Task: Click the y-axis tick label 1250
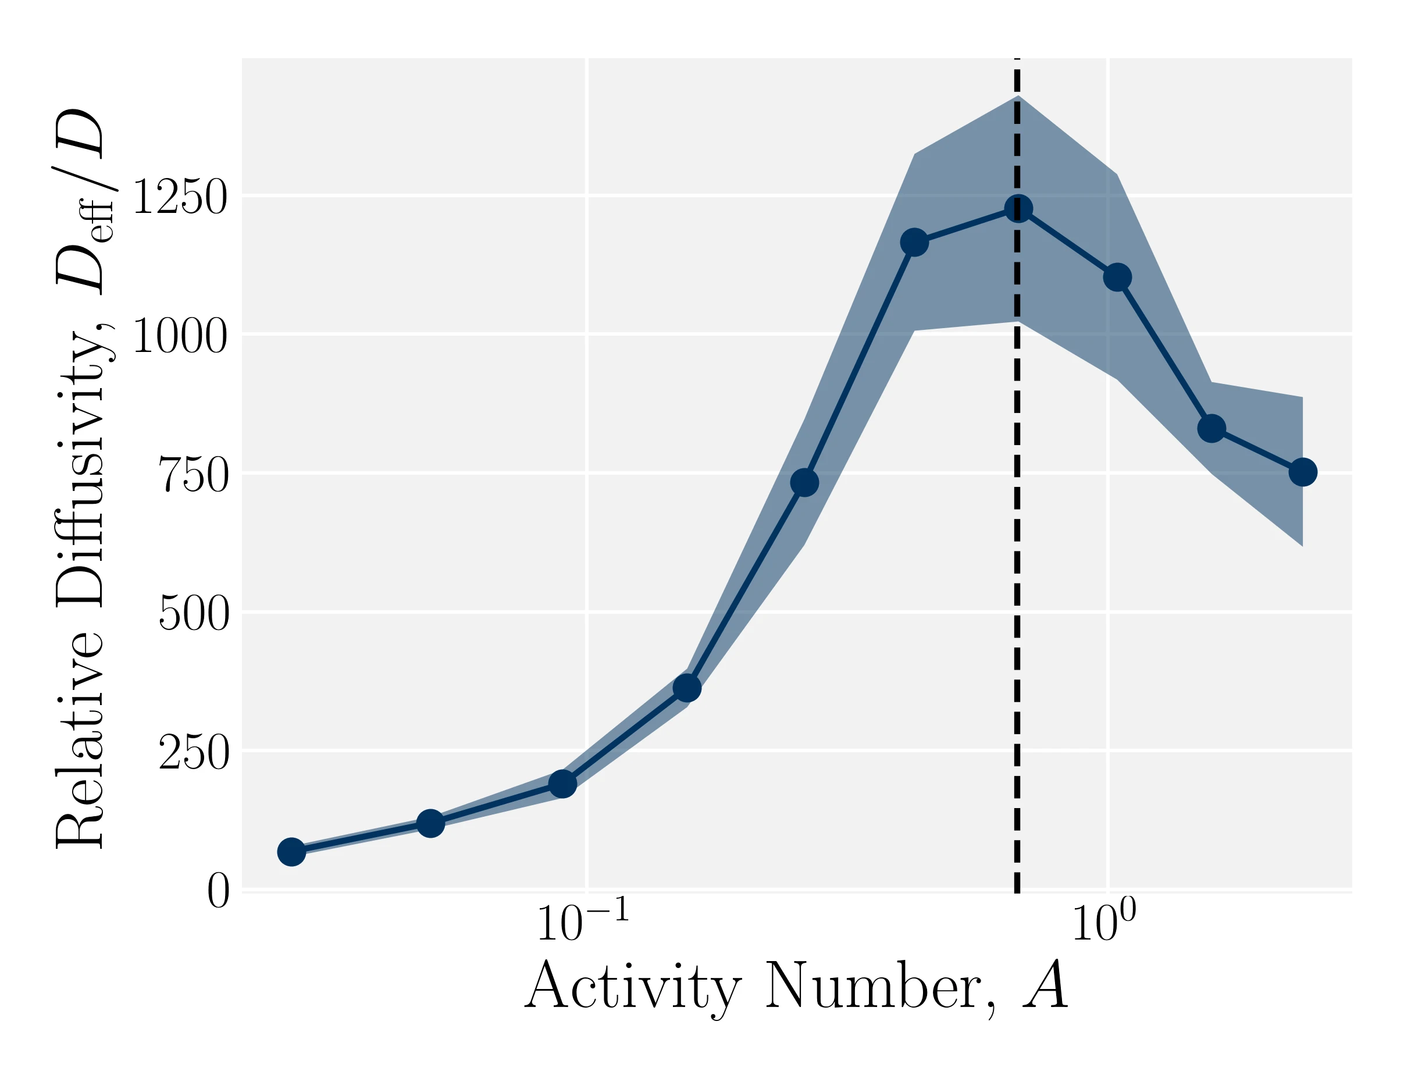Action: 180,198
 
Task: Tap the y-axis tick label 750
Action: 193,475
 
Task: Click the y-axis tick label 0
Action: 218,891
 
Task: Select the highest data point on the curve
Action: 1018,208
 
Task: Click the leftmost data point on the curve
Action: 291,852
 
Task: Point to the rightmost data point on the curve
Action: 1303,472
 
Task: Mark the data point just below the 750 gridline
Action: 804,482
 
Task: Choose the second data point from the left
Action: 430,823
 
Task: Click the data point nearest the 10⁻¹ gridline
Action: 562,784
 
